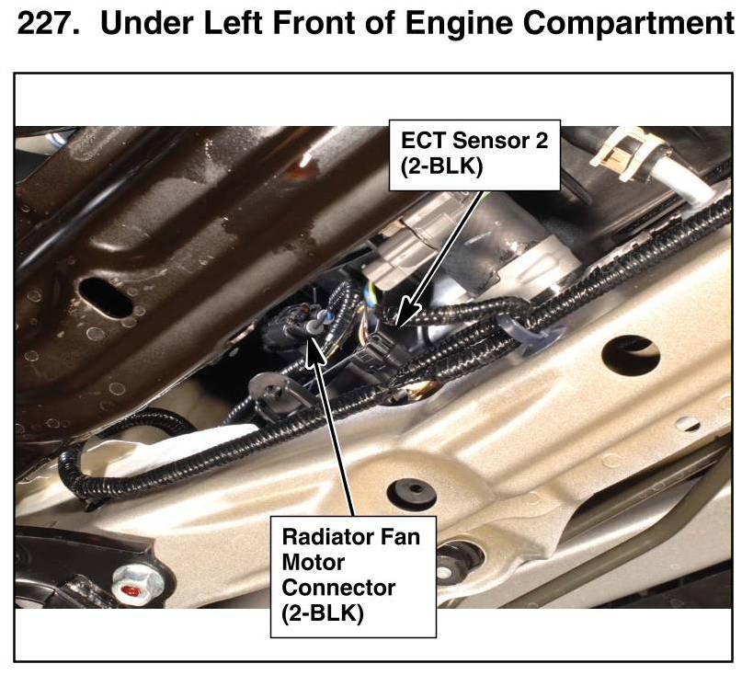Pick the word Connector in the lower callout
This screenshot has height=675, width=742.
339,587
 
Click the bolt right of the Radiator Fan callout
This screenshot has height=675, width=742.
451,559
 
